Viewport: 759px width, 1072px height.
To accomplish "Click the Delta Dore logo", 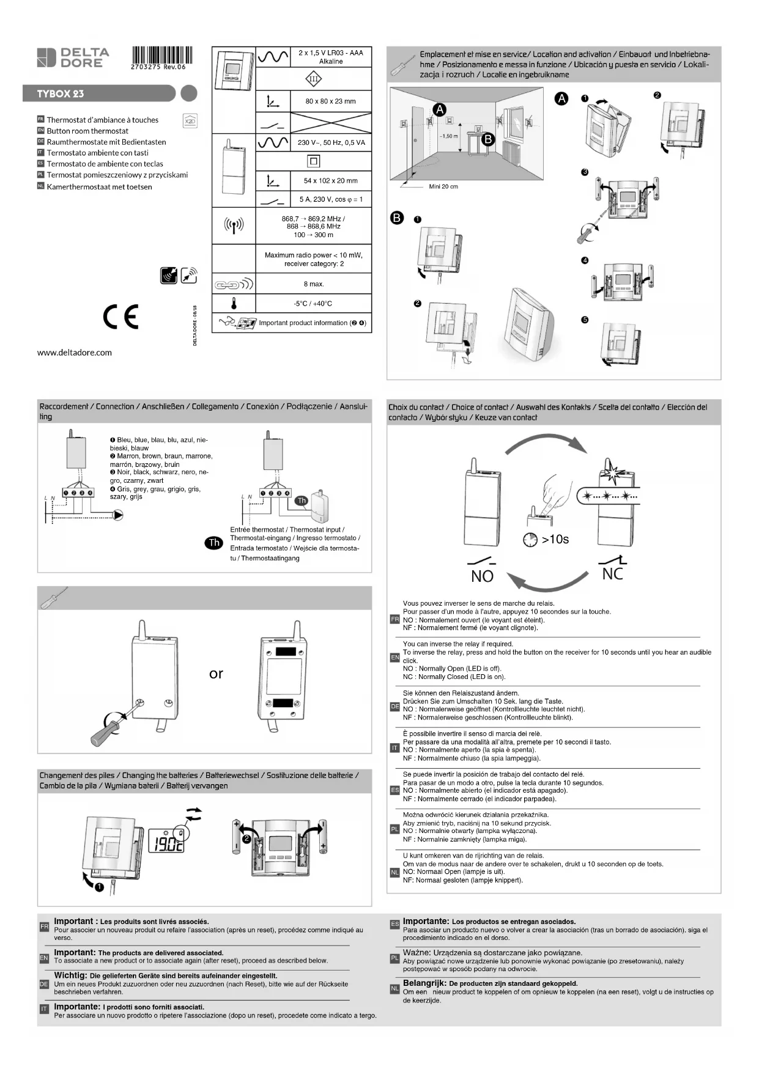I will [x=73, y=57].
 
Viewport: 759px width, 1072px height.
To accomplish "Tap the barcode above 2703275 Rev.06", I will [x=161, y=54].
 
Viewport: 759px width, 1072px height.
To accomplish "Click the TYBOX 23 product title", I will [x=61, y=94].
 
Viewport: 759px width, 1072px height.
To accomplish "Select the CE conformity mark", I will [x=120, y=316].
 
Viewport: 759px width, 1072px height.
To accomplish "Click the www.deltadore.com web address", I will [x=75, y=352].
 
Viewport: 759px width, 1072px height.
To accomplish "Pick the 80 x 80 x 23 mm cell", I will [x=330, y=101].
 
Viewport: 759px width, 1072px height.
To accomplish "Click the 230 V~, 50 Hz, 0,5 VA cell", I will [x=331, y=142].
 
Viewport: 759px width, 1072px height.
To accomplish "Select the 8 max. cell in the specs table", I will [x=314, y=284].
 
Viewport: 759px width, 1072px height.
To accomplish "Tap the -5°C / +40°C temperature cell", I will [x=313, y=303].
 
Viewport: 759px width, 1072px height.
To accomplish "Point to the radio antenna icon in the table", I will [x=234, y=226].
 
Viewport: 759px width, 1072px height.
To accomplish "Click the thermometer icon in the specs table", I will [x=234, y=303].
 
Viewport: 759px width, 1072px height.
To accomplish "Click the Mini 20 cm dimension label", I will [x=443, y=186].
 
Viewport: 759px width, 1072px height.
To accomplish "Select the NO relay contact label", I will [x=482, y=576].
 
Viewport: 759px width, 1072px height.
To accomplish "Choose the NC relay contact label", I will [x=612, y=574].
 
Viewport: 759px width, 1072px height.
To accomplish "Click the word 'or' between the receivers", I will [x=216, y=674].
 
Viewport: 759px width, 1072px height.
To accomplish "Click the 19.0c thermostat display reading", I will [x=166, y=845].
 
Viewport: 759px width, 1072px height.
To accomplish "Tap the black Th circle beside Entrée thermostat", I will [x=214, y=543].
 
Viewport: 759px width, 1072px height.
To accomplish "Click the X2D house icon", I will [x=190, y=120].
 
